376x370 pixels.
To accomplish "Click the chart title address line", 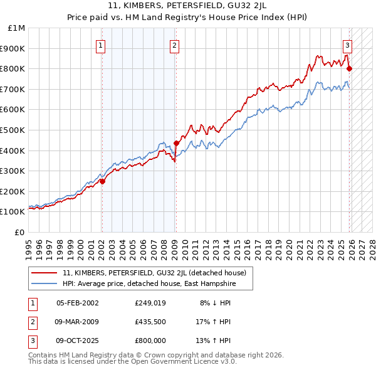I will click(x=187, y=6).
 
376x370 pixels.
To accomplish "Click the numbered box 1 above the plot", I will click(x=102, y=45).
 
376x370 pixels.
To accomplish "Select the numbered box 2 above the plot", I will click(x=174, y=45).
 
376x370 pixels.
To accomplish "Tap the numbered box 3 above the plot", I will click(x=347, y=45).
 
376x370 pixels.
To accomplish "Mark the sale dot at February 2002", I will click(x=102, y=181).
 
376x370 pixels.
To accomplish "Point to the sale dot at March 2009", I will click(x=176, y=143).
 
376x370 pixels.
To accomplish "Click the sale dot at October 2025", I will click(x=349, y=68).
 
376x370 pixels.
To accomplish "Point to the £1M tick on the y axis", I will click(x=17, y=28).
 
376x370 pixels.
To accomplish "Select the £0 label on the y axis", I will click(x=19, y=232).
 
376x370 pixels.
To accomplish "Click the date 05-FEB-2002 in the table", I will click(x=77, y=303).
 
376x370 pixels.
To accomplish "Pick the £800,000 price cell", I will click(x=150, y=341).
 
